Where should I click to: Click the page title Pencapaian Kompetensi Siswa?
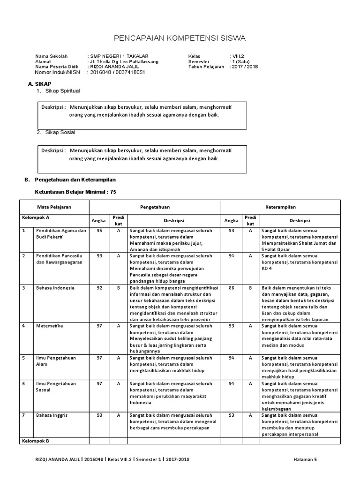point(180,38)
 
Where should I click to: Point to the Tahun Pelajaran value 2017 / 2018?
point(244,67)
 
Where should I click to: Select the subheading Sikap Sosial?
point(59,132)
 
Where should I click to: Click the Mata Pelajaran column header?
point(54,207)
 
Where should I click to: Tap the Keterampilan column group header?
point(280,207)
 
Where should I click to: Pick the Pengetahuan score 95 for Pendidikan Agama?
point(99,231)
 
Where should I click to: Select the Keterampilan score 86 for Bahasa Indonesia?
point(231,288)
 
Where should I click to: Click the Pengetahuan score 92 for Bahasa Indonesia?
point(99,288)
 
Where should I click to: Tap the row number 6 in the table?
point(23,383)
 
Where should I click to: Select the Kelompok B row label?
point(36,441)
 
